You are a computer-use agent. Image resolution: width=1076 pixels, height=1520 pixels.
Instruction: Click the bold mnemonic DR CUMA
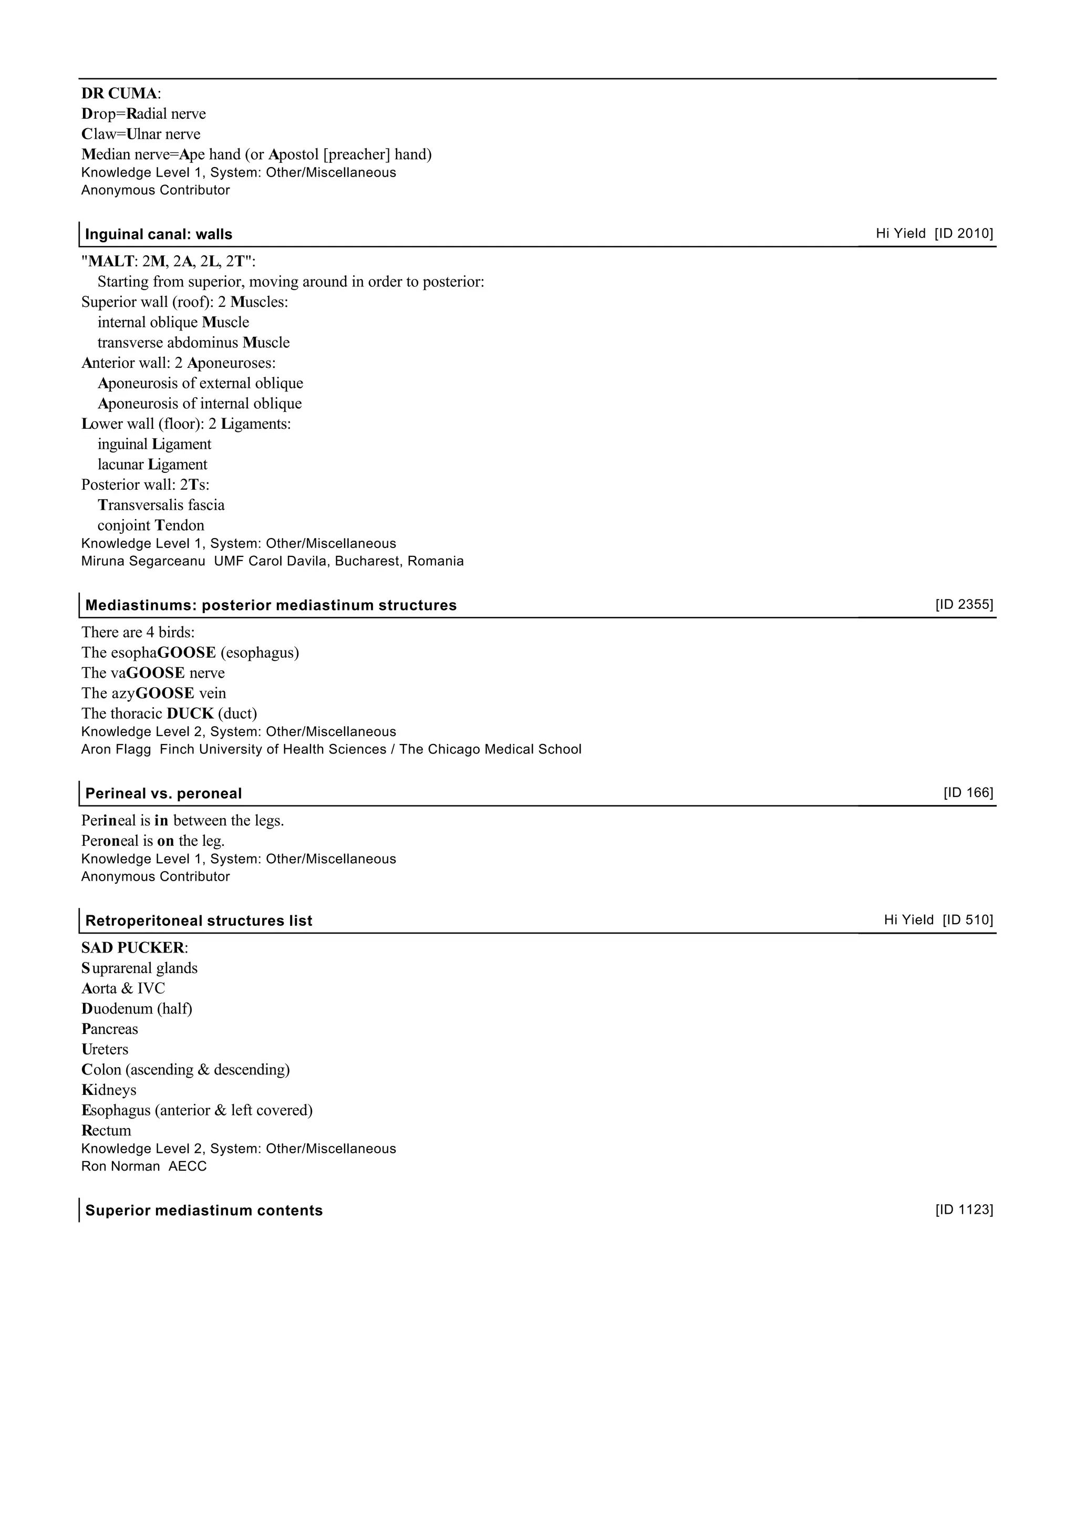(119, 94)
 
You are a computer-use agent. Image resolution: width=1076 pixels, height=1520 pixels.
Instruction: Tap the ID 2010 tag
(964, 233)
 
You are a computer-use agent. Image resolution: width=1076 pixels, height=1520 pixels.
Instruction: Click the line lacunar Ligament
(152, 464)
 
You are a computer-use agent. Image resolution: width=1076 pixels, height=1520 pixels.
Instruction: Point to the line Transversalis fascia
(161, 505)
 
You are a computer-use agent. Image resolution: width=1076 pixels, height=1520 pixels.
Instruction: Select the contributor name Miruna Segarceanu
(143, 561)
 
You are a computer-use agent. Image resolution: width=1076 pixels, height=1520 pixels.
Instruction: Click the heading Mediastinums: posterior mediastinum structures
(271, 606)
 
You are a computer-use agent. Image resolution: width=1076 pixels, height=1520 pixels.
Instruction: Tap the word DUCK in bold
(190, 714)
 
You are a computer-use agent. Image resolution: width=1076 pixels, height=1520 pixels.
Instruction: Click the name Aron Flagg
(116, 749)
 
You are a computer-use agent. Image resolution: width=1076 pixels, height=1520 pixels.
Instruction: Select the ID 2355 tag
(964, 604)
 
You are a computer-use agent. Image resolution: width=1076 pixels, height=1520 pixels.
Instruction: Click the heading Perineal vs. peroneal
(163, 794)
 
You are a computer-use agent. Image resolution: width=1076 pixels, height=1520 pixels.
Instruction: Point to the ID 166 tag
(968, 792)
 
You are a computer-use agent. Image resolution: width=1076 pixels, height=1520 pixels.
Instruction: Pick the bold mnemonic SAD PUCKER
(133, 947)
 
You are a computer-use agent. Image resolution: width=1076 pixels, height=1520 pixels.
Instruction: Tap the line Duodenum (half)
(137, 1008)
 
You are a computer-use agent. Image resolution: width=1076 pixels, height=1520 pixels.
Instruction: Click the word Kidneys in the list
(109, 1090)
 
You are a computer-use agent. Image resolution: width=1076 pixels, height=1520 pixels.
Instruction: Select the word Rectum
(106, 1130)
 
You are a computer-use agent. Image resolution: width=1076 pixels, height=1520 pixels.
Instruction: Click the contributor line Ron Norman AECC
(144, 1166)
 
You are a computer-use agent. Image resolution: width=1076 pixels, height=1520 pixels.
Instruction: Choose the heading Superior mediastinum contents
(204, 1211)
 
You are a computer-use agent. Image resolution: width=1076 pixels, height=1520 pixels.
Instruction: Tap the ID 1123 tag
(964, 1210)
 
